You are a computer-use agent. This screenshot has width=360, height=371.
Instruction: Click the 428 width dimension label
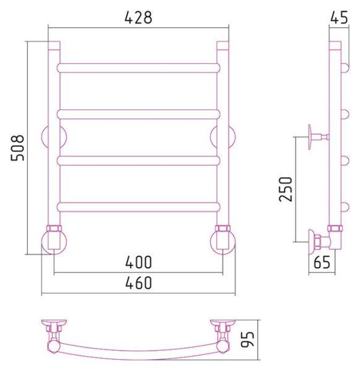tap(138, 17)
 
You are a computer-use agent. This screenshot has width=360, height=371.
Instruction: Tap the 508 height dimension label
tap(17, 148)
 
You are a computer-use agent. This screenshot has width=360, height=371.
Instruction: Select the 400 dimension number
tap(139, 262)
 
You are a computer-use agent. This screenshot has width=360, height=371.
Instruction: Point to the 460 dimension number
tap(139, 283)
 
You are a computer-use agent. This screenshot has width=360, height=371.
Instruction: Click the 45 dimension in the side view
tap(339, 17)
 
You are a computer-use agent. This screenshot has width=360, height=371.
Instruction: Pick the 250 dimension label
tap(286, 189)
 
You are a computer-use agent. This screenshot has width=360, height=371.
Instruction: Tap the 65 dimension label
tap(322, 262)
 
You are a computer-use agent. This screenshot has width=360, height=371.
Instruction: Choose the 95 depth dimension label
tap(247, 339)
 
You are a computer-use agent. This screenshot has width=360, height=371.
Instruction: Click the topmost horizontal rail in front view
tap(139, 68)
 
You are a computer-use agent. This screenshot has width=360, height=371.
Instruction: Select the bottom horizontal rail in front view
tap(139, 207)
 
